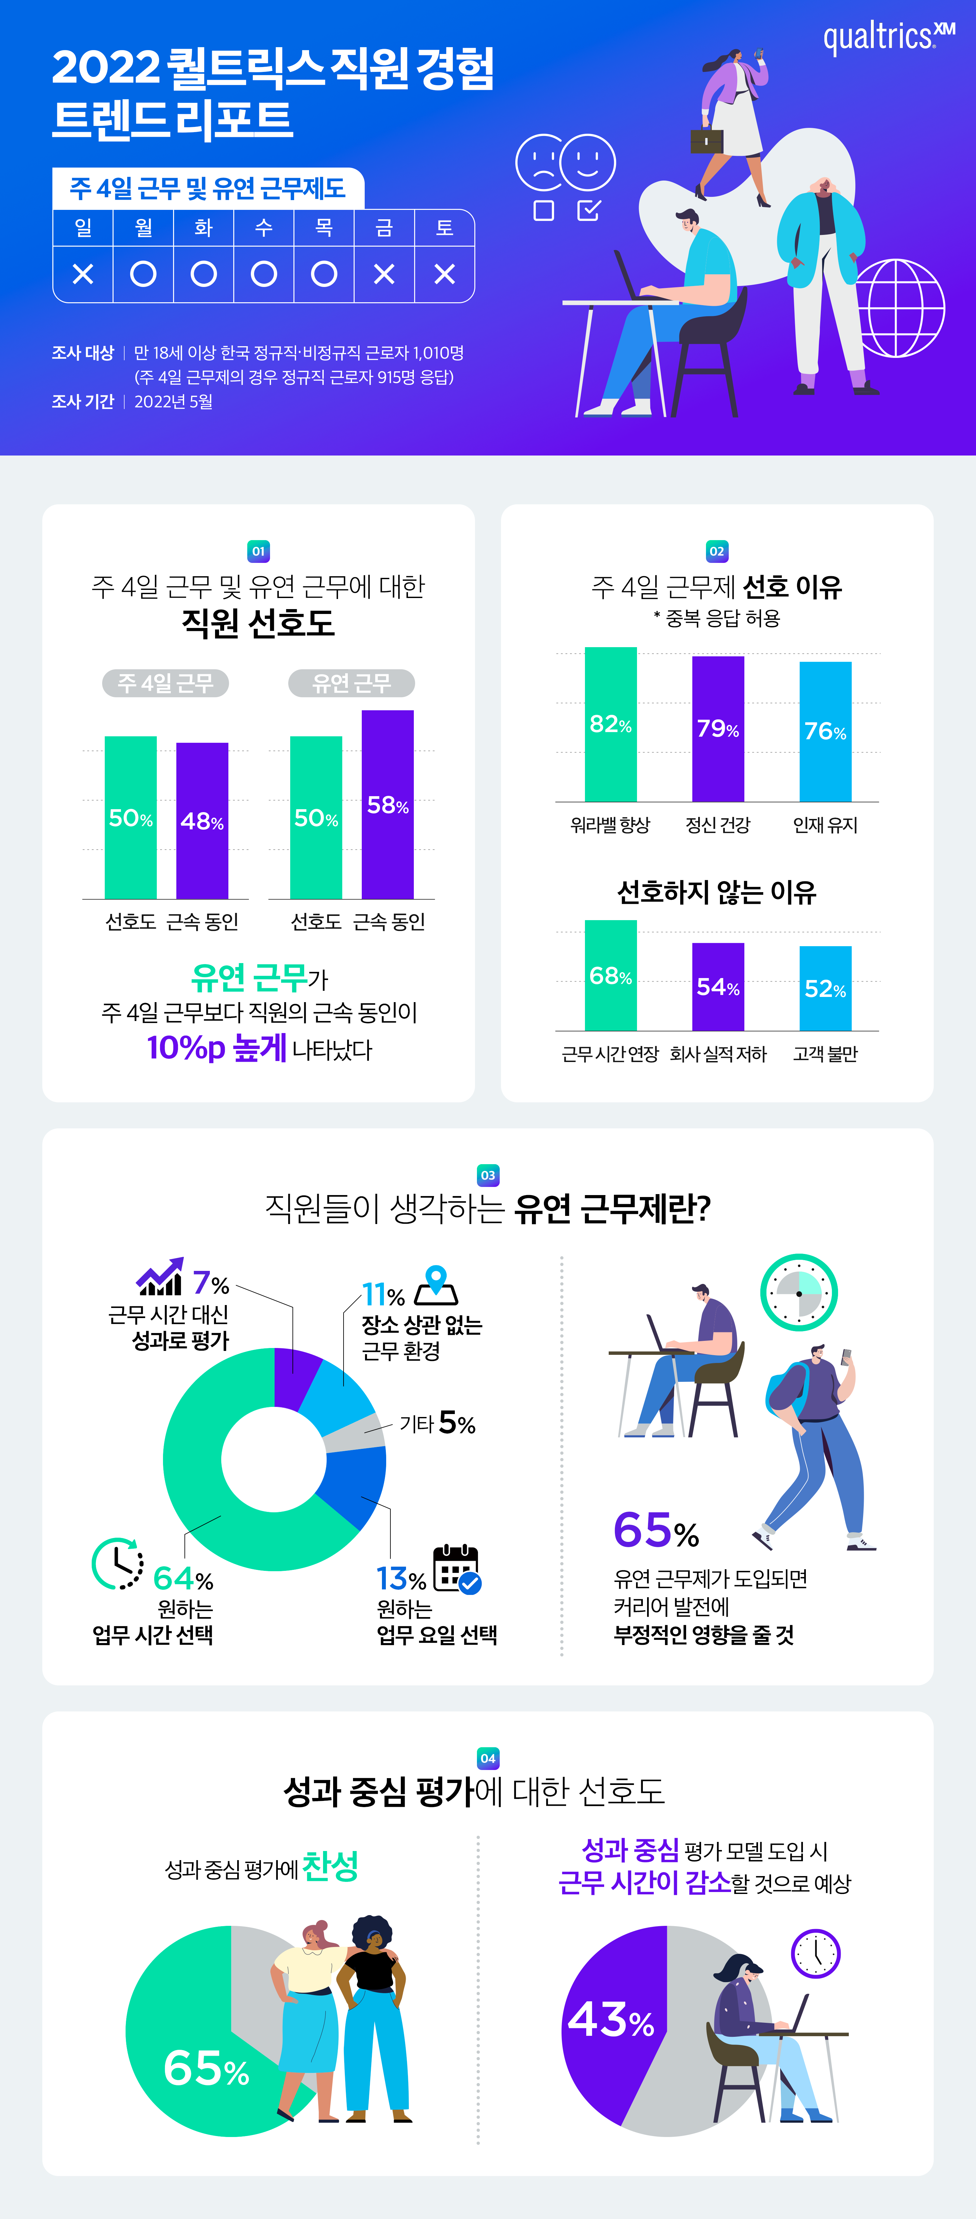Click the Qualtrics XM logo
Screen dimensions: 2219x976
(x=887, y=36)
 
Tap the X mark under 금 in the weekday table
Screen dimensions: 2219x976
(x=384, y=274)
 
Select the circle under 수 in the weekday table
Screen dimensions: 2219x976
(x=264, y=274)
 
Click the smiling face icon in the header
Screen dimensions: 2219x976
(x=588, y=162)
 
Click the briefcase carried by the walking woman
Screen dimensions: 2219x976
(x=706, y=141)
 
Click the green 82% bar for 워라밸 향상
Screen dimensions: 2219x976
(x=611, y=724)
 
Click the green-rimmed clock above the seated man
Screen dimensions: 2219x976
(x=799, y=1292)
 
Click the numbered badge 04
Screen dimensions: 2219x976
(x=488, y=1758)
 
